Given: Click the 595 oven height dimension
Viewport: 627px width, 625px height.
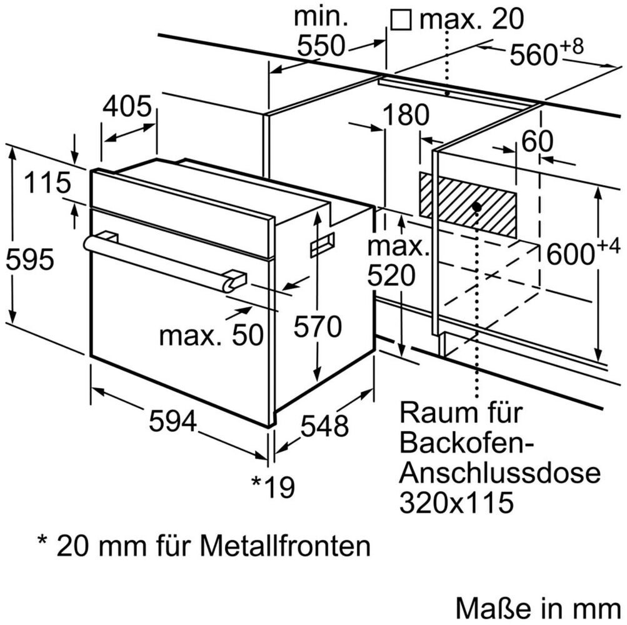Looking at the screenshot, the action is (29, 260).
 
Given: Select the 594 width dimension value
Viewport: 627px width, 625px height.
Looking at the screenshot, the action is (173, 421).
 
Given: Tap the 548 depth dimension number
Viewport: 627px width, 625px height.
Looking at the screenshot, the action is (324, 426).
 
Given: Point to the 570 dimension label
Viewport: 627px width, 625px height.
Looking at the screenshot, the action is (318, 327).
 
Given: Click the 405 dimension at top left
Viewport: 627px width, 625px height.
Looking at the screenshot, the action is (128, 107).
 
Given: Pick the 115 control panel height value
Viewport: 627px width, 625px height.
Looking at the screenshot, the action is (48, 182).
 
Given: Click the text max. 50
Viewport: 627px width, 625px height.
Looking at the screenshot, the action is (211, 334).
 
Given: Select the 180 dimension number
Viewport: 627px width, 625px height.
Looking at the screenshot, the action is (406, 115).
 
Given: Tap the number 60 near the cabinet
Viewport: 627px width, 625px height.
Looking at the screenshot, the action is (538, 141).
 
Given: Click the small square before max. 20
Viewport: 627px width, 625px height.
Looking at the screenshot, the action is (401, 19).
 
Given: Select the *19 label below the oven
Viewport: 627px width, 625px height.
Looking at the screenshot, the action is (273, 487).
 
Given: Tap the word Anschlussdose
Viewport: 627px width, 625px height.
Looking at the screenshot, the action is (499, 472).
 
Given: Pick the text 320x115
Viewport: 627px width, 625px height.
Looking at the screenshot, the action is (456, 502).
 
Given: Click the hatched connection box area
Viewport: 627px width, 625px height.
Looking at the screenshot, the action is (468, 204).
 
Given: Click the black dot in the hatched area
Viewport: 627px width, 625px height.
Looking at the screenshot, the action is (476, 207).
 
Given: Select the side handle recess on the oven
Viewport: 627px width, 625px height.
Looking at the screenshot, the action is (322, 244).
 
